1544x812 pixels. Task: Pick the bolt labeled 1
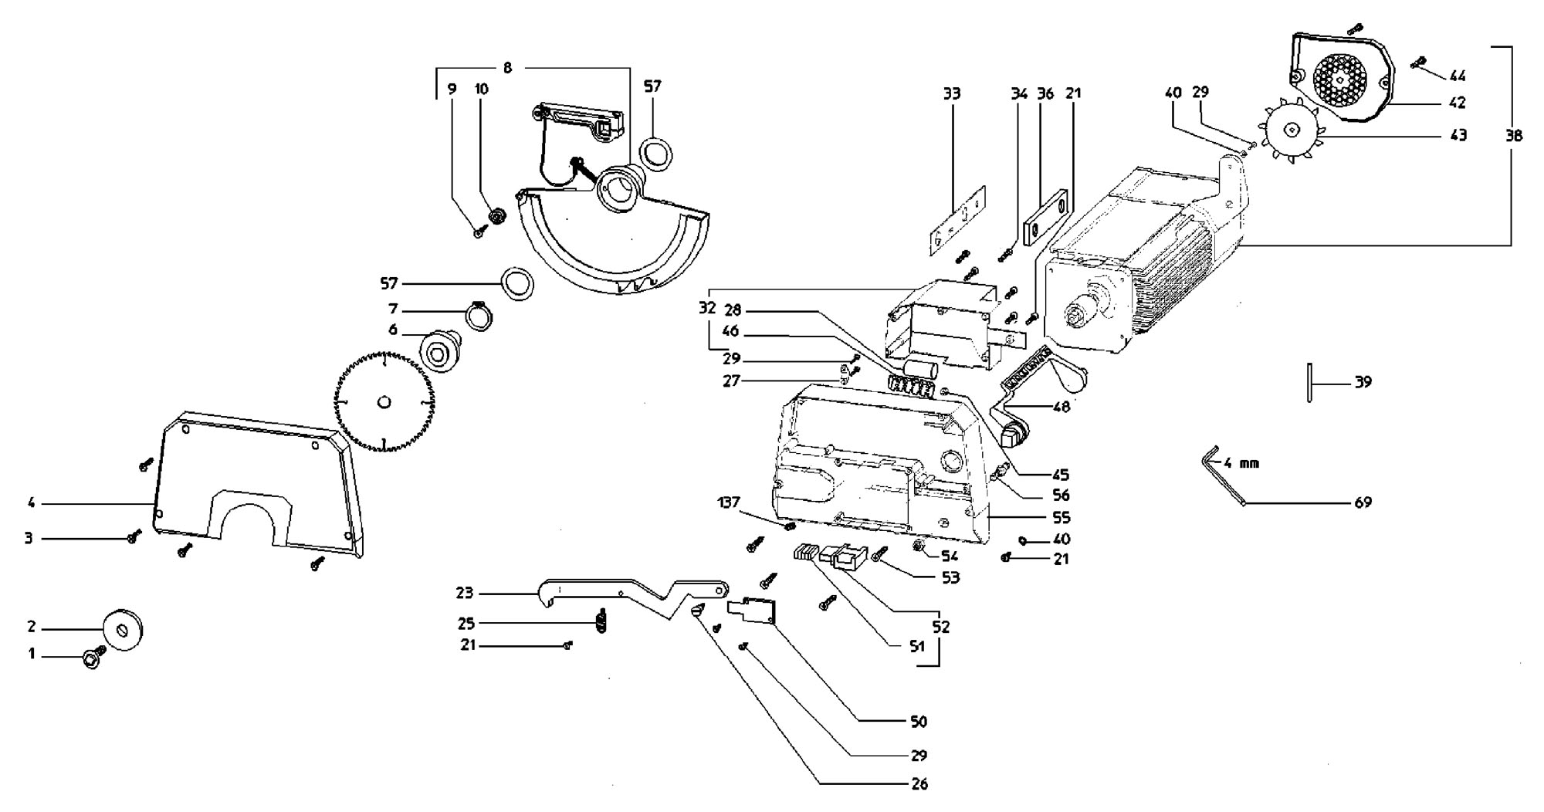coord(93,658)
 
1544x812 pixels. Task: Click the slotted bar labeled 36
coord(1046,218)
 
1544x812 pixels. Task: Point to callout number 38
coord(1514,135)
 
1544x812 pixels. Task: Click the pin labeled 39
coord(1310,383)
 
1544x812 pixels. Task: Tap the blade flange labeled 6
coord(439,352)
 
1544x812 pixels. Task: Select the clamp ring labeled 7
coord(479,316)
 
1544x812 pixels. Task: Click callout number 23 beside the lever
coord(464,594)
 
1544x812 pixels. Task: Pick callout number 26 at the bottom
coord(919,784)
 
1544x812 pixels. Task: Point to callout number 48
coord(1061,406)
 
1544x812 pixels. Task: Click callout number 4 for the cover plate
coord(32,503)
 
